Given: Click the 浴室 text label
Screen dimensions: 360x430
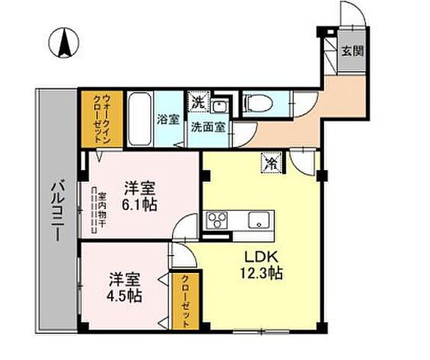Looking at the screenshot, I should click(167, 118).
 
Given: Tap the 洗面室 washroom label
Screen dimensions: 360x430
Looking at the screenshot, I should click(207, 127).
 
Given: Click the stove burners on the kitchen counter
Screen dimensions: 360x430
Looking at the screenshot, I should click(218, 220).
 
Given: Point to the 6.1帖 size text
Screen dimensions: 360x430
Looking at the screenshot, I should click(139, 205).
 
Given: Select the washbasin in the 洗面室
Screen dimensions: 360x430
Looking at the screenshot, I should click(220, 106).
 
